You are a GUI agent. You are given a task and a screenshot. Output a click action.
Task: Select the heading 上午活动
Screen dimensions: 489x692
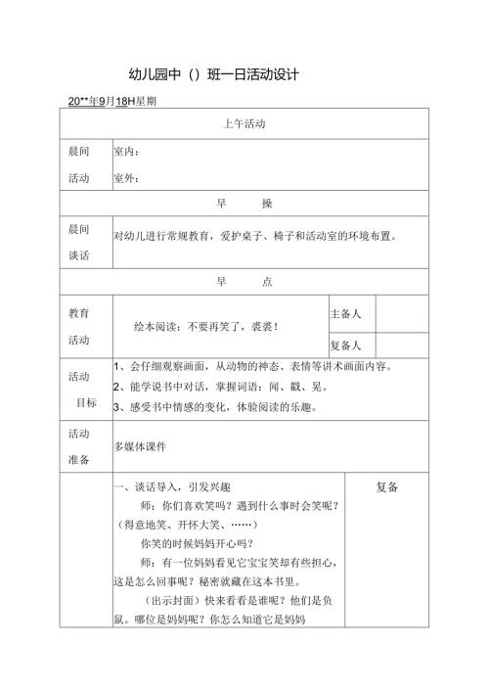[244, 123]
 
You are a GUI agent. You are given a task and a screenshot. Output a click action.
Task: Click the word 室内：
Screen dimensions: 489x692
[126, 152]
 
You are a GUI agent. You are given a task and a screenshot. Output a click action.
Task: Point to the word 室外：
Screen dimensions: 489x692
[126, 178]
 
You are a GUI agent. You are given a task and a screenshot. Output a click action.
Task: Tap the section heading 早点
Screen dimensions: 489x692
[244, 282]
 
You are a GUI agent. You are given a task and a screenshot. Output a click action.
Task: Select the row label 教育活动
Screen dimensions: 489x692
[78, 327]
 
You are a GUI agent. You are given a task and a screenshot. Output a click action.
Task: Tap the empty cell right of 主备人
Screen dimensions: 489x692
[402, 313]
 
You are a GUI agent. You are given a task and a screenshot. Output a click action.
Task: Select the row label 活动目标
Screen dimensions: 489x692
[78, 389]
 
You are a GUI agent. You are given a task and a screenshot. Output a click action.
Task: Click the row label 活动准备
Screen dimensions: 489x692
[78, 446]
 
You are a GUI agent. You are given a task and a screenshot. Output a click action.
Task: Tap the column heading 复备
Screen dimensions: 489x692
[386, 486]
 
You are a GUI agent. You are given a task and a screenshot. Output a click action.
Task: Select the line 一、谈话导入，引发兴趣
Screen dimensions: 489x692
[172, 486]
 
